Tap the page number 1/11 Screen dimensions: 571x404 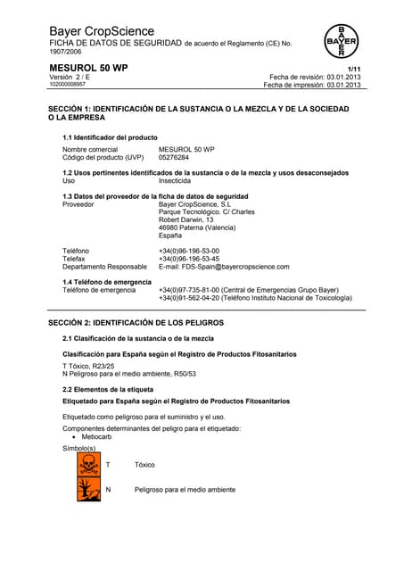[x=354, y=69]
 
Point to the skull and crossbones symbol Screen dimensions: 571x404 [x=88, y=465]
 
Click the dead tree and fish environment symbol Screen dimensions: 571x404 [x=88, y=489]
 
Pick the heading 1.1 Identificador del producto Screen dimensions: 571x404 [x=110, y=137]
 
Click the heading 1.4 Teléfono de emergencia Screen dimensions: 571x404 [x=113, y=282]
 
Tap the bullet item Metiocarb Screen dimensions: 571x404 [x=102, y=437]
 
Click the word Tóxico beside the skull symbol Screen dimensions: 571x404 [x=144, y=465]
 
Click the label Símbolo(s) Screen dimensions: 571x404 [x=78, y=448]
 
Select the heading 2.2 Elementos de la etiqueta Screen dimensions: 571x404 [x=107, y=390]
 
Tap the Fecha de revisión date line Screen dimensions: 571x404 [x=315, y=77]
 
